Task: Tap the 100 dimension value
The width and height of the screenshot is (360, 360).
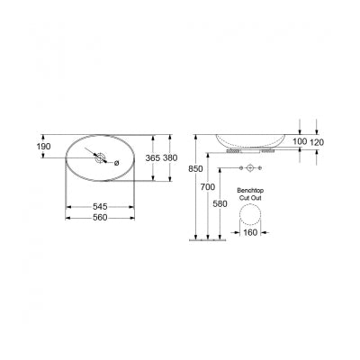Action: point(301,142)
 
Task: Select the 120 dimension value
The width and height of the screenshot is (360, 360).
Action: point(318,142)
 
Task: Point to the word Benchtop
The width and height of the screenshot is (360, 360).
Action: point(248,190)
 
